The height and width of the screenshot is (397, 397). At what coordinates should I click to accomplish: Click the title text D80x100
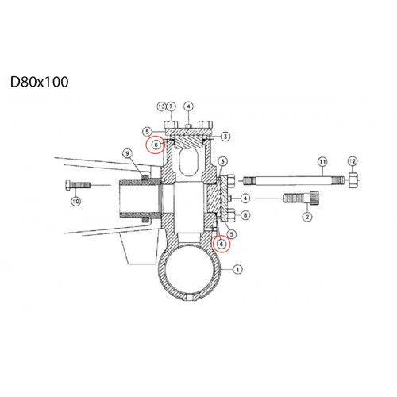[39, 82]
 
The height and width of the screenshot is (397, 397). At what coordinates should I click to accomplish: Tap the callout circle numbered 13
[161, 106]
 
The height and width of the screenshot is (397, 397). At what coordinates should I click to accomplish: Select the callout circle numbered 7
[171, 106]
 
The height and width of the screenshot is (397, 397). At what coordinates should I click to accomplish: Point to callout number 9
[128, 153]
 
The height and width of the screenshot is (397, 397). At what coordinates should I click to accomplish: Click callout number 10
[76, 202]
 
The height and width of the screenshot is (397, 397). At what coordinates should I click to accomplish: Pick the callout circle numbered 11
[322, 161]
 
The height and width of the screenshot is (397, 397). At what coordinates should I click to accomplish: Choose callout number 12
[353, 161]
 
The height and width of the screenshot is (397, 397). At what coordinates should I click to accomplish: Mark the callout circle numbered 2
[307, 217]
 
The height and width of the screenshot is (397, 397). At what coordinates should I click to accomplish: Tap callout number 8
[245, 215]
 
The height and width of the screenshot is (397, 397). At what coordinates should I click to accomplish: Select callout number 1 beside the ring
[237, 269]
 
